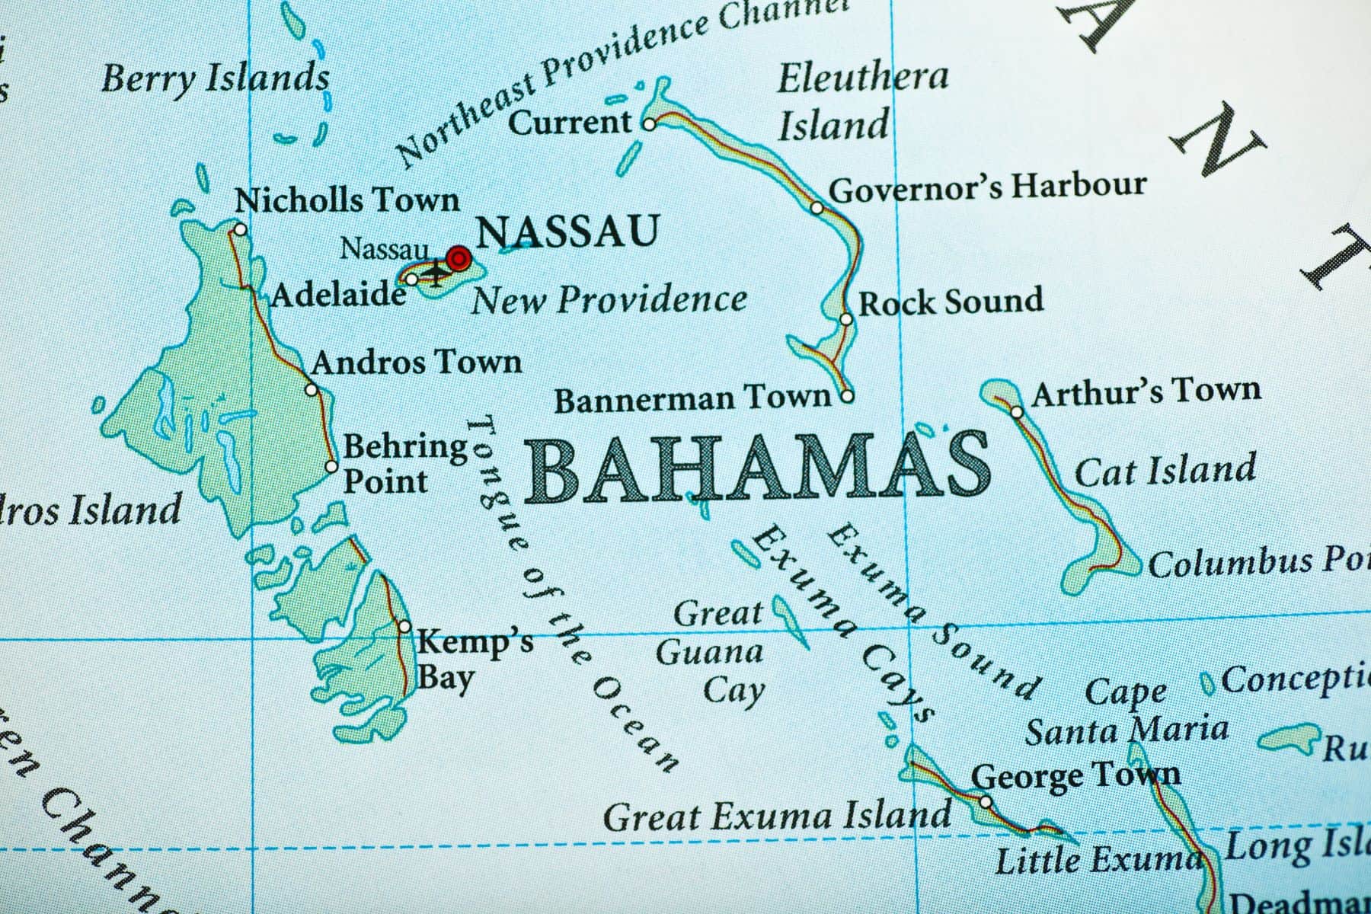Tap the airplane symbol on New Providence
[x=434, y=270]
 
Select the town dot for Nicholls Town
[x=240, y=229]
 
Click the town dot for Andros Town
[x=311, y=390]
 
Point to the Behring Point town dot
[x=331, y=466]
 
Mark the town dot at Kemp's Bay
[x=404, y=627]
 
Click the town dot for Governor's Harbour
[x=817, y=207]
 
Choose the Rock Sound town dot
[x=845, y=320]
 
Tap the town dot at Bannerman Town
[x=846, y=396]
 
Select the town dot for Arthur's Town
[x=1016, y=412]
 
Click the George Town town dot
[x=986, y=802]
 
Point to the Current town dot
[x=649, y=123]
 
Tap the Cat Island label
[x=1165, y=471]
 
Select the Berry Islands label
[x=216, y=78]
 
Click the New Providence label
[x=609, y=299]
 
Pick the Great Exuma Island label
[x=777, y=817]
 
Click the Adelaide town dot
[x=412, y=280]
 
